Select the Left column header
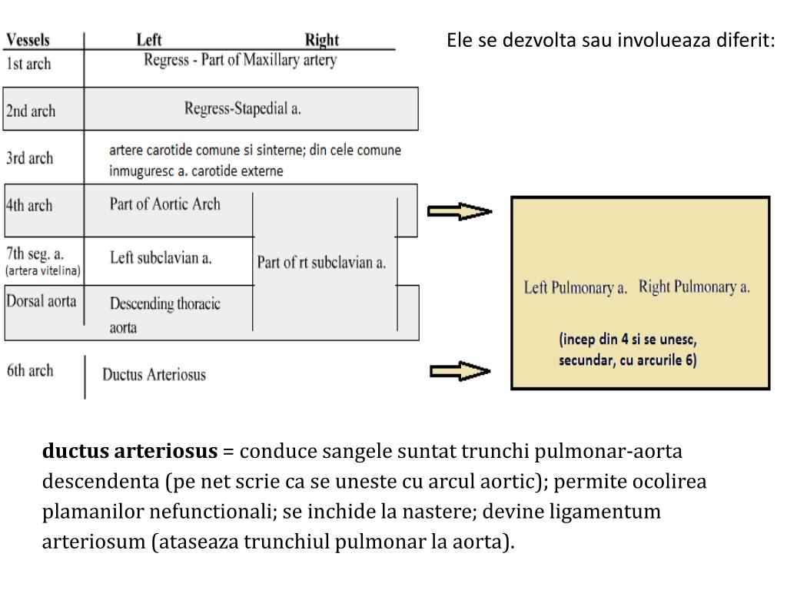point(148,40)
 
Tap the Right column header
point(321,40)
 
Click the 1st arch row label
point(28,64)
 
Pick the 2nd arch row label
point(31,111)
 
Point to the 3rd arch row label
point(29,158)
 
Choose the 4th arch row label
point(29,205)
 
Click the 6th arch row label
point(30,370)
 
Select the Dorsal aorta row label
point(42,300)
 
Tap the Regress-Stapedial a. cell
point(242,108)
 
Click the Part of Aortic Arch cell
point(164,204)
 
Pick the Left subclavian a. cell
point(161,258)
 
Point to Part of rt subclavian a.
point(321,263)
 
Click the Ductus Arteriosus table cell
point(154,375)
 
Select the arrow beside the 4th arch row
point(460,211)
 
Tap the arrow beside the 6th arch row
point(460,373)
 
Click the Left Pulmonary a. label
point(576,289)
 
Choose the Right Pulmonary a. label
point(694,287)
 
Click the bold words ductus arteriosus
point(130,452)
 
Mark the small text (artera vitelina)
point(43,271)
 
